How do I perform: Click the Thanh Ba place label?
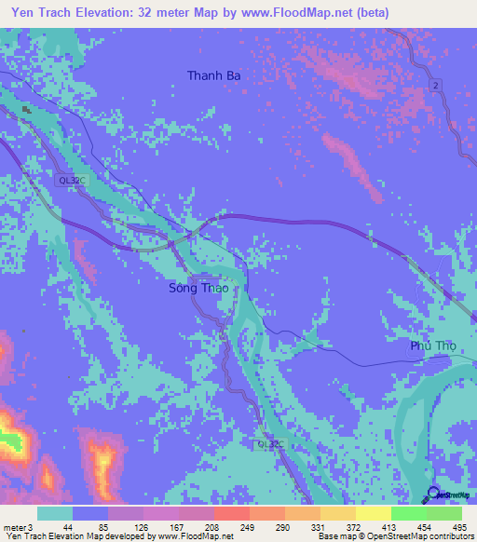click(x=221, y=75)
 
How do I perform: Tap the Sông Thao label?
click(x=198, y=289)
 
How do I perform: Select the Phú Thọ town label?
click(x=434, y=346)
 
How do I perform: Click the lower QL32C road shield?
click(x=268, y=446)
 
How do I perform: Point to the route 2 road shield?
click(x=434, y=86)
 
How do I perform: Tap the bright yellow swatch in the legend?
click(x=373, y=513)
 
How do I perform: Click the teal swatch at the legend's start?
click(x=55, y=513)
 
